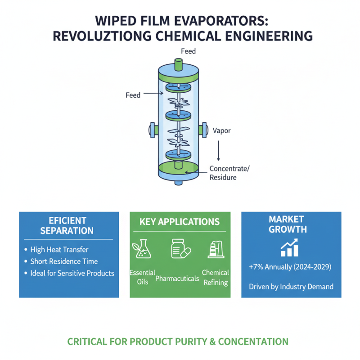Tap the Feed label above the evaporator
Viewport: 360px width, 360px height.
click(x=188, y=52)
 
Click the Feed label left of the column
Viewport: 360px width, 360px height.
click(x=133, y=95)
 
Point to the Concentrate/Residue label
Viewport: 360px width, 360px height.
click(x=229, y=173)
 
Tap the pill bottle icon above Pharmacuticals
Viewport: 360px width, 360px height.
click(x=180, y=249)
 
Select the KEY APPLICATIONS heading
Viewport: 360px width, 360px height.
click(x=180, y=222)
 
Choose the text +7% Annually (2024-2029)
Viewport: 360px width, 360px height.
click(x=290, y=267)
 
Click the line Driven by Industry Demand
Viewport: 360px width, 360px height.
click(x=291, y=286)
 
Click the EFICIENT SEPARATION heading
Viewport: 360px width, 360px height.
click(x=67, y=225)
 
